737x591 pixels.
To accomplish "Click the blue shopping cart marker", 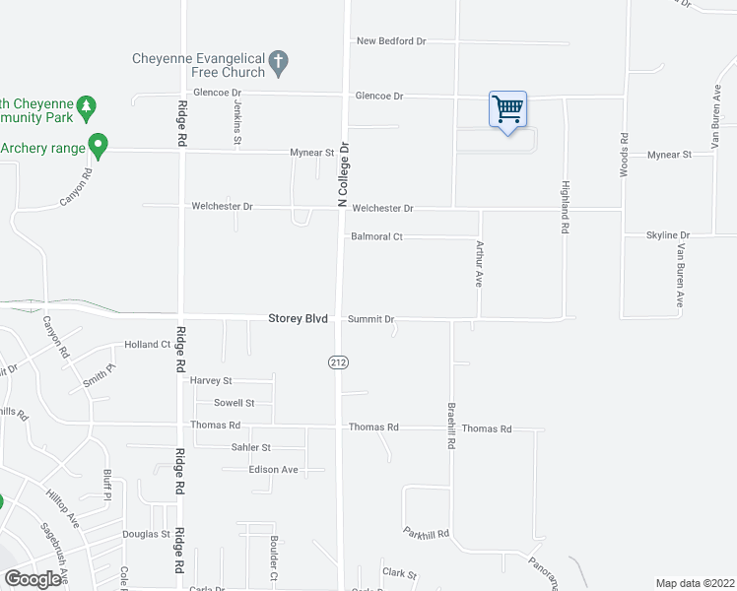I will [507, 109].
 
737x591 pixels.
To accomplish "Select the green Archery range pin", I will [98, 146].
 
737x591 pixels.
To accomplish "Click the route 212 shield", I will [338, 362].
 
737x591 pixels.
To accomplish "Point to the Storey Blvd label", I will [298, 319].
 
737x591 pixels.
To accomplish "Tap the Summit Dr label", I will [370, 320].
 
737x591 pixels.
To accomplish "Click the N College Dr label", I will [344, 173].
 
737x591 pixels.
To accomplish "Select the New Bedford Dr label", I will [391, 41].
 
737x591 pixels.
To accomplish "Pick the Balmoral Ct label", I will [377, 237].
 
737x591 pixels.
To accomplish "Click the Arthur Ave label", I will [480, 263].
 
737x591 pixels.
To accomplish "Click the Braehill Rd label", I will [451, 428].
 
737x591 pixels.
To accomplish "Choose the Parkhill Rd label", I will [426, 533].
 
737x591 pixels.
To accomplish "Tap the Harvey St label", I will [211, 380].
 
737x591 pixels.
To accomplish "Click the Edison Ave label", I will [273, 470].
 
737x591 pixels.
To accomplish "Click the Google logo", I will [33, 579].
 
